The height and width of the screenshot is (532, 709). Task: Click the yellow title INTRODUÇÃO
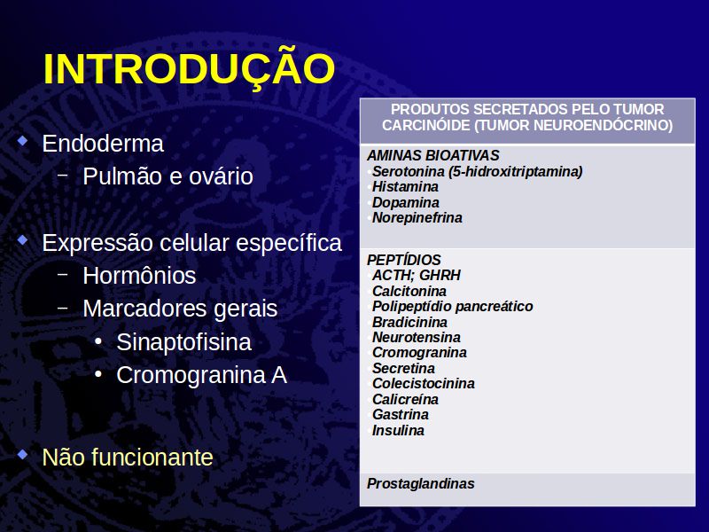click(x=189, y=68)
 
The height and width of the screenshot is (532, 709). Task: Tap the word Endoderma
click(x=103, y=144)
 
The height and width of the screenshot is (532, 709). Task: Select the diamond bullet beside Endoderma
click(x=22, y=141)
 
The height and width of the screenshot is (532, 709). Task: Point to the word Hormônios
click(x=139, y=276)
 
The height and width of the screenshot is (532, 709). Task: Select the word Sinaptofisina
click(x=183, y=342)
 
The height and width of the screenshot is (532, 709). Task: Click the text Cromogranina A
click(x=202, y=375)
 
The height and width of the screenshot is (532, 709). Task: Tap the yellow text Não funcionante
click(x=128, y=457)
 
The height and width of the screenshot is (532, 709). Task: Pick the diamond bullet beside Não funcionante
click(x=22, y=454)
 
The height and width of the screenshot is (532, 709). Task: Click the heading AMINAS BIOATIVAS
click(x=433, y=156)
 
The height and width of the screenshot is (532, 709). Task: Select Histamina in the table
click(x=405, y=187)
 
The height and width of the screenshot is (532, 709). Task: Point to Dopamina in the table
click(x=406, y=203)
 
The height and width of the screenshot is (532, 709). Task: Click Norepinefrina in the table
click(x=417, y=217)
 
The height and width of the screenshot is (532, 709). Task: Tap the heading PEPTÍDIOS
click(x=404, y=260)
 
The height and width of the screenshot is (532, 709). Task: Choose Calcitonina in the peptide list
click(x=409, y=291)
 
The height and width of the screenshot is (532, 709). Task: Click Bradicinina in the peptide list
click(x=409, y=322)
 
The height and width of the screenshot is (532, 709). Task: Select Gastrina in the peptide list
click(x=401, y=414)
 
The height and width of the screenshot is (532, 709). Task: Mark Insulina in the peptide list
click(x=398, y=430)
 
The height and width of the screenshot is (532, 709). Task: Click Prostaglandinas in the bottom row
click(x=420, y=483)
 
